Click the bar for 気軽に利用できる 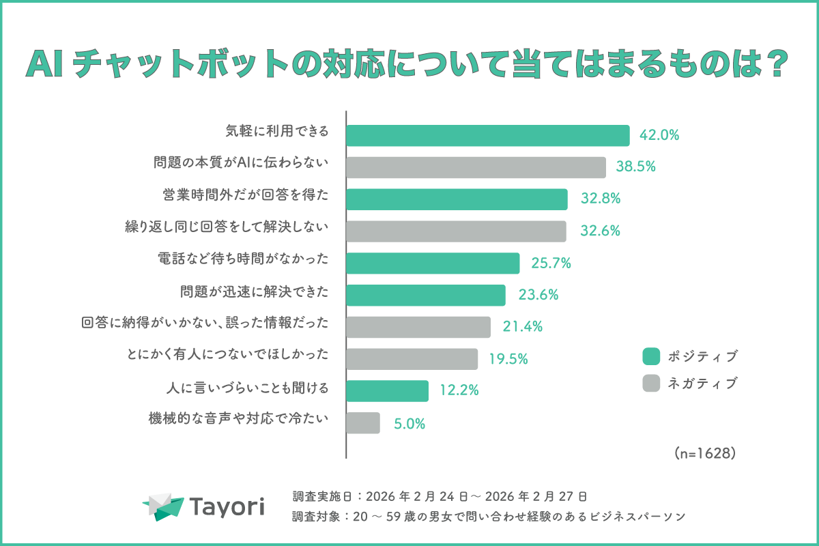click(x=487, y=135)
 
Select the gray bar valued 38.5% click(x=476, y=167)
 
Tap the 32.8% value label click(x=601, y=199)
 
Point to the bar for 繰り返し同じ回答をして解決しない click(x=456, y=231)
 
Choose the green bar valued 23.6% click(x=426, y=295)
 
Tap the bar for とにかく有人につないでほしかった click(x=412, y=359)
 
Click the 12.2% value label click(x=459, y=391)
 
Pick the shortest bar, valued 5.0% click(x=363, y=423)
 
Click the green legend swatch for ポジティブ click(x=652, y=356)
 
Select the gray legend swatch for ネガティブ click(x=652, y=384)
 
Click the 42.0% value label click(x=659, y=135)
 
